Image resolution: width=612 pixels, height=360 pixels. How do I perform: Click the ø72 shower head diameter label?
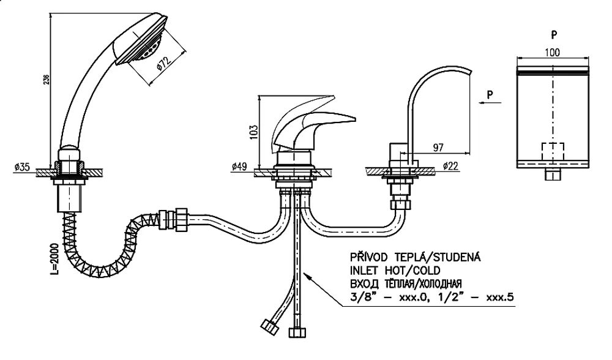point(163,64)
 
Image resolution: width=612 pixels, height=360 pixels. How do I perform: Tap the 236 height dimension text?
point(46,79)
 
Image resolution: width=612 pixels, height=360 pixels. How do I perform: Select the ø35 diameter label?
point(22,167)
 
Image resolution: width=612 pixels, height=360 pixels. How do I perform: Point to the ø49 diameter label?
point(239,167)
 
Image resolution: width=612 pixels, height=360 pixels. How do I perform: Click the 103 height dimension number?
point(253,132)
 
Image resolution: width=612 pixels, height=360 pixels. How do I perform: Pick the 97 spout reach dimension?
point(438,148)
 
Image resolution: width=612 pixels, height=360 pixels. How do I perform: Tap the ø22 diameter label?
point(451,166)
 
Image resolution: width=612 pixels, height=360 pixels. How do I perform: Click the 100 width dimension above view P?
point(552,52)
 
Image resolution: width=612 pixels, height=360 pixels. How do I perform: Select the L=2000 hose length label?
point(54,258)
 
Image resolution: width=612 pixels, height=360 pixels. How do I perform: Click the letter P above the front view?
point(554,35)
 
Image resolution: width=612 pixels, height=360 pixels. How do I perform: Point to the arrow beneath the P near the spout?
point(490,103)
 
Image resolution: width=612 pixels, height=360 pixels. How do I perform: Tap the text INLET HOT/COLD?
point(395,270)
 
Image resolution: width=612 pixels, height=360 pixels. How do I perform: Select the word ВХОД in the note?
point(362,283)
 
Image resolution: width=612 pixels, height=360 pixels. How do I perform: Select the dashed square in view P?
point(553,151)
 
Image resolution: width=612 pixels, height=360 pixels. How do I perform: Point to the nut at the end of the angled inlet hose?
point(269,327)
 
